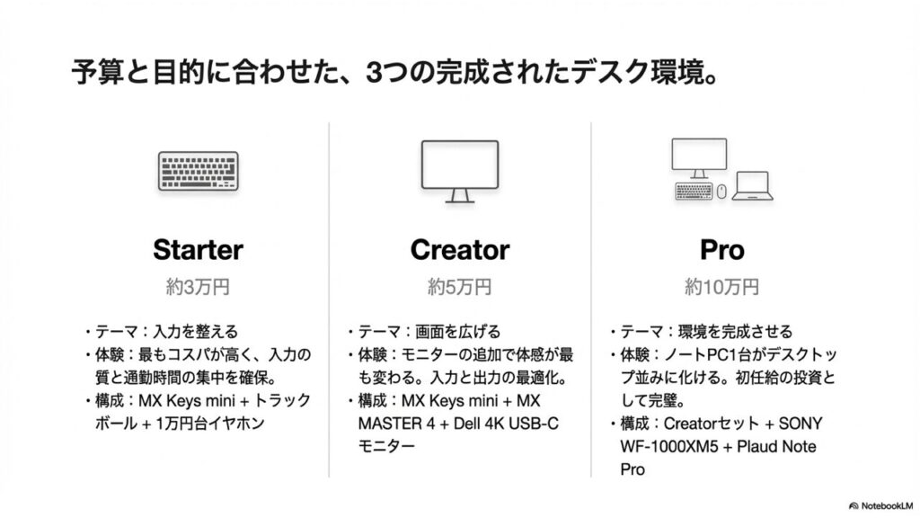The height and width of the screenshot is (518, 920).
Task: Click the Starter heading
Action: coord(198,249)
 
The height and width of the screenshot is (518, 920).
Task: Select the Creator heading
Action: coord(459,249)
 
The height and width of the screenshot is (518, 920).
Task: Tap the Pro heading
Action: coord(721,249)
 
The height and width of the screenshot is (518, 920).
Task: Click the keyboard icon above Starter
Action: coord(198,170)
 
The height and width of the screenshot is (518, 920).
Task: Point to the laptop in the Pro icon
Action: coord(750,185)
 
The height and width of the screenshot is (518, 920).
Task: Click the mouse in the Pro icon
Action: coord(721,191)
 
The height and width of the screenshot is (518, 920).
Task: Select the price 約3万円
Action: coord(198,288)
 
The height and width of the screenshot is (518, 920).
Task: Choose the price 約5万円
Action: coord(459,288)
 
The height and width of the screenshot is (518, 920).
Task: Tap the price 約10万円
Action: coord(721,288)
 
